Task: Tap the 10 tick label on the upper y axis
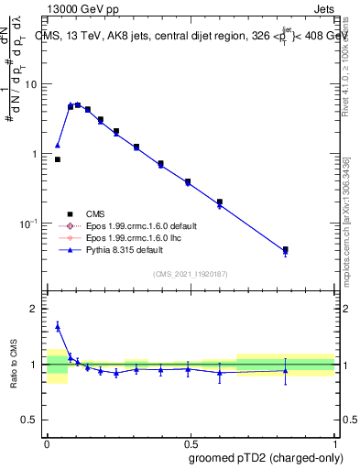pyautogui.click(x=31, y=84)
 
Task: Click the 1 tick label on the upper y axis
pyautogui.click(x=35, y=154)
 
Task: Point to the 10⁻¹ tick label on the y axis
pyautogui.click(x=28, y=223)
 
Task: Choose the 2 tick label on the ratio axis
pyautogui.click(x=35, y=310)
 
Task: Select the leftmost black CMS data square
pyautogui.click(x=58, y=159)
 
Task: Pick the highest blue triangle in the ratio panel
pyautogui.click(x=58, y=326)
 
